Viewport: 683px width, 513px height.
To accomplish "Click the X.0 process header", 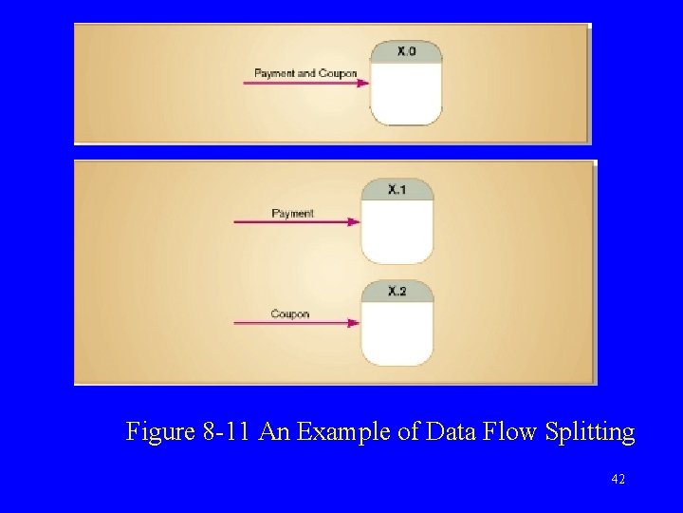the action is [406, 51].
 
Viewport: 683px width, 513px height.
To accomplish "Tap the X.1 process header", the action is [397, 190].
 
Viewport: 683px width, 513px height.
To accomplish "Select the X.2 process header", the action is [397, 291].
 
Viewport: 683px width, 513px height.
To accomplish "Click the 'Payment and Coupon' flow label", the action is [305, 73].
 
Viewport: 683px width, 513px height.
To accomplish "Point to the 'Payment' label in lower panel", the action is [292, 214].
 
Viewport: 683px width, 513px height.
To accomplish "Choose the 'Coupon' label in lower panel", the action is [289, 314].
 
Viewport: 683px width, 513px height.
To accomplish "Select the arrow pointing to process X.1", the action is [296, 222].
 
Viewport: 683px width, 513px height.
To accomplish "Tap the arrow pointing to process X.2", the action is [296, 324].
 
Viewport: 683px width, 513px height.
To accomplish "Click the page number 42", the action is [618, 480].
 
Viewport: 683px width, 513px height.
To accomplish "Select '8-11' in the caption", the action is [224, 433].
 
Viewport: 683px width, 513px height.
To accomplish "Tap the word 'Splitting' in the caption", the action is [591, 433].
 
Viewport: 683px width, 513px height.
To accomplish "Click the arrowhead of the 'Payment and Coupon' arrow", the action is [363, 84].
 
